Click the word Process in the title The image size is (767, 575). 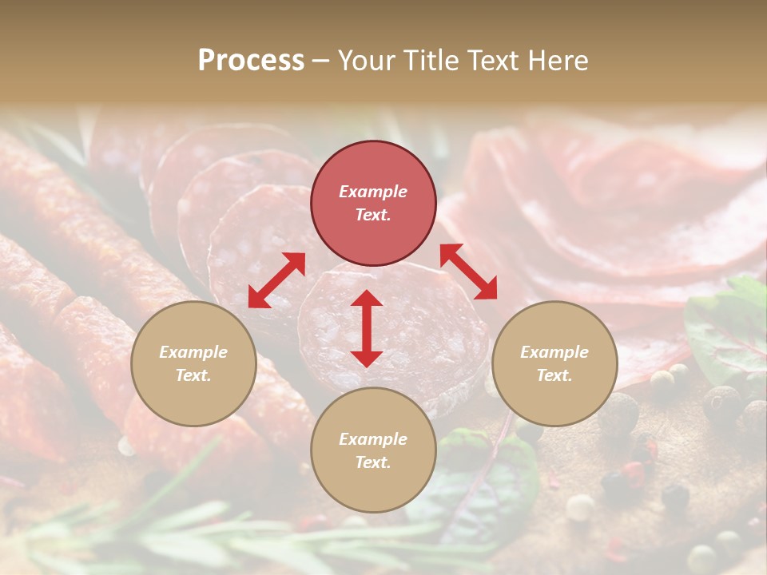click(251, 61)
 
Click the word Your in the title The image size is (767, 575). click(364, 61)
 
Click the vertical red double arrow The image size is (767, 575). click(367, 328)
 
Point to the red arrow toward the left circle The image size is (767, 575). click(276, 280)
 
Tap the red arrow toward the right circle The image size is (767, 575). click(468, 272)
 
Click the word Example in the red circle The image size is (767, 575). click(373, 192)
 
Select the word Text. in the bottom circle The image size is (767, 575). click(373, 462)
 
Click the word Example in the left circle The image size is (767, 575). click(193, 352)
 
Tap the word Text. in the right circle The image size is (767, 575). click(554, 375)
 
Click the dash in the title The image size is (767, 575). click(321, 61)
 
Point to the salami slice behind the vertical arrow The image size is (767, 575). click(415, 335)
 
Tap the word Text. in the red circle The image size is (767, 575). click(373, 215)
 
